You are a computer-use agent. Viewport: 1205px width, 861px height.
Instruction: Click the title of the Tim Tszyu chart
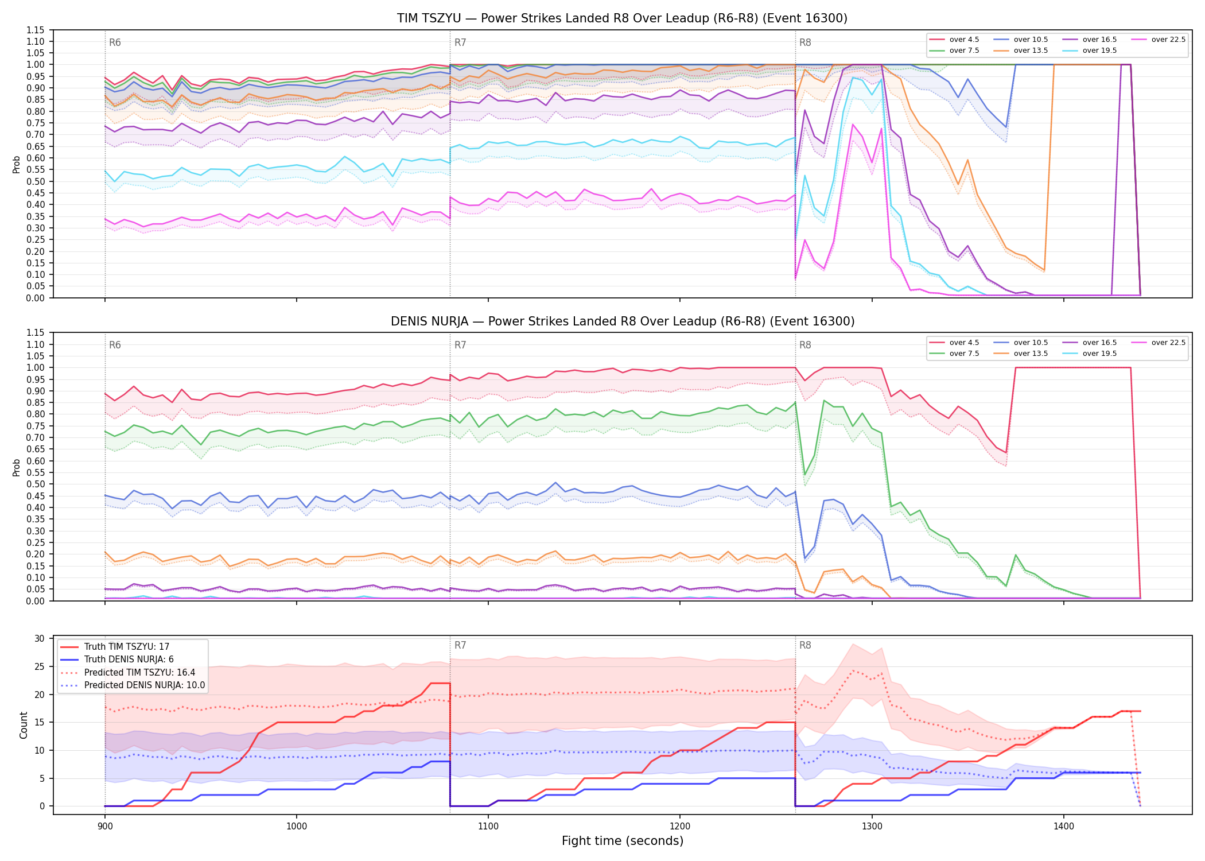[622, 18]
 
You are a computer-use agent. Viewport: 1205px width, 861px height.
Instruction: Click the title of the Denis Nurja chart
[623, 321]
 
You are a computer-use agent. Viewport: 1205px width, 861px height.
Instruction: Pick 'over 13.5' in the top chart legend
[1031, 51]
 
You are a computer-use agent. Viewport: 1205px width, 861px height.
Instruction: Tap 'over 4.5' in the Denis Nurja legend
[964, 343]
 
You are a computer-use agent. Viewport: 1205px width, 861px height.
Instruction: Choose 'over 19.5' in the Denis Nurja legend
[1099, 354]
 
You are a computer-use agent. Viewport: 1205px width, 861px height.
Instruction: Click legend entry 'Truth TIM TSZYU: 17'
[127, 647]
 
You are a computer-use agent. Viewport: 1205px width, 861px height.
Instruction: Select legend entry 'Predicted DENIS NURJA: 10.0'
[145, 685]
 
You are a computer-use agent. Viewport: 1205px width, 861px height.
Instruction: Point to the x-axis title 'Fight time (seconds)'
[623, 841]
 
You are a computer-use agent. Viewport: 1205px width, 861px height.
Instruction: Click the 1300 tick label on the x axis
[872, 827]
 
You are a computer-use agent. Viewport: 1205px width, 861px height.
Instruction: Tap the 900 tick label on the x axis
[104, 827]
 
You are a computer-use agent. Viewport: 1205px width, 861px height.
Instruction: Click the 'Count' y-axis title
[24, 725]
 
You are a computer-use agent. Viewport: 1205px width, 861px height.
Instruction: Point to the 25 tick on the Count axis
[40, 667]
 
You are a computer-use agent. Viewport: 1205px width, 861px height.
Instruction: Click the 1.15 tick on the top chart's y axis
[36, 30]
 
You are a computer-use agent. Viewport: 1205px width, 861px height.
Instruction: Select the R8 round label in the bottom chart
[805, 645]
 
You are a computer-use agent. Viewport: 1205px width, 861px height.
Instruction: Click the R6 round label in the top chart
[115, 42]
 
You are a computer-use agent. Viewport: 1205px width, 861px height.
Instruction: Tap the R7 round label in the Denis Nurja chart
[460, 345]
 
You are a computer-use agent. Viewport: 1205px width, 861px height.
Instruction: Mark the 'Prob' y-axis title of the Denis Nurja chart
[17, 467]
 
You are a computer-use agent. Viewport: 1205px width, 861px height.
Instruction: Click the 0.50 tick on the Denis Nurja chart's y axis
[36, 484]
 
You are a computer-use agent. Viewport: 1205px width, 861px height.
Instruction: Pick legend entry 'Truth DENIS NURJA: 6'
[129, 660]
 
